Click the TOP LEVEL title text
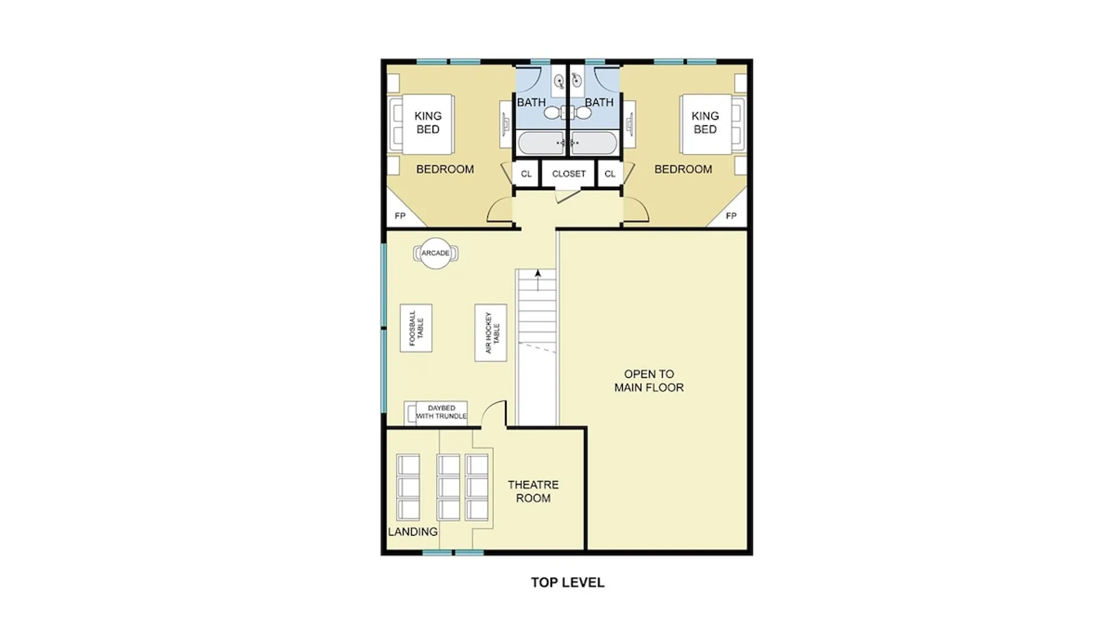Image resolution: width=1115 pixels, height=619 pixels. (567, 582)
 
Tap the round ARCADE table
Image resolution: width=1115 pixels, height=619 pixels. (435, 253)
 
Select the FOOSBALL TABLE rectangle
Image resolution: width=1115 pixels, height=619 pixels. (416, 328)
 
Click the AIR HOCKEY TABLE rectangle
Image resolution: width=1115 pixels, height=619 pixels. (491, 332)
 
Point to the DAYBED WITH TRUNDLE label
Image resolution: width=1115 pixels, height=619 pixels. (442, 412)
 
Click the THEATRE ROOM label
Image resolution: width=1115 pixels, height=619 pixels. (533, 491)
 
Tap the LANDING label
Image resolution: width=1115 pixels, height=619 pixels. (413, 532)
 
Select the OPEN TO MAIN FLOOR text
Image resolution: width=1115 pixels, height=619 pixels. (649, 381)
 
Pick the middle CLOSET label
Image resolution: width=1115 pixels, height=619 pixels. (569, 174)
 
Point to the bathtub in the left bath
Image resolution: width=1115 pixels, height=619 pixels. (541, 143)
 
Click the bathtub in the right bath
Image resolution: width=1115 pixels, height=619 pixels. (593, 143)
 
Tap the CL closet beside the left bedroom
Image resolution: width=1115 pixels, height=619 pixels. (526, 174)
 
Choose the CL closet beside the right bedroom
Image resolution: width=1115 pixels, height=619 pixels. (610, 174)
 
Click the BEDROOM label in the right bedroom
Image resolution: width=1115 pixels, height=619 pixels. (683, 169)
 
